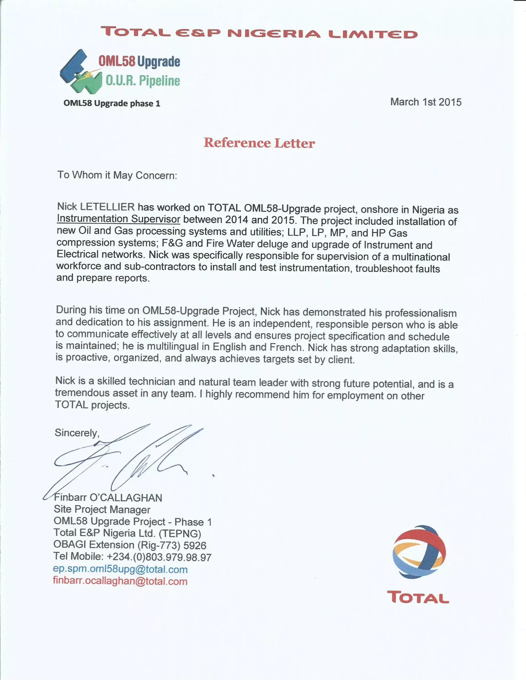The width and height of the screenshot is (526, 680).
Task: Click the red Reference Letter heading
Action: click(259, 143)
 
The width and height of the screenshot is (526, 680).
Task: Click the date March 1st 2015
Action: click(426, 102)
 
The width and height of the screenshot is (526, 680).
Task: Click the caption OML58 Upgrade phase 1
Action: click(112, 103)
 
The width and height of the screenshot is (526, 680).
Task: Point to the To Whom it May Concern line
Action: click(117, 175)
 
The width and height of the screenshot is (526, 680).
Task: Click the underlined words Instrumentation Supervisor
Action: click(118, 219)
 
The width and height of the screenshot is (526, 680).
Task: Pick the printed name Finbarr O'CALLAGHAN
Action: click(108, 498)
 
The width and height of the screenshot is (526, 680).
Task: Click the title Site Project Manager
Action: click(102, 509)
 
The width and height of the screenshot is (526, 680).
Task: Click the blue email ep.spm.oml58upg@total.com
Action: click(120, 569)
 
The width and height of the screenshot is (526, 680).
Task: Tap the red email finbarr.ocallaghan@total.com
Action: click(120, 581)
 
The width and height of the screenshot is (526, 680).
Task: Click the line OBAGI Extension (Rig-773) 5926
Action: click(130, 545)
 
